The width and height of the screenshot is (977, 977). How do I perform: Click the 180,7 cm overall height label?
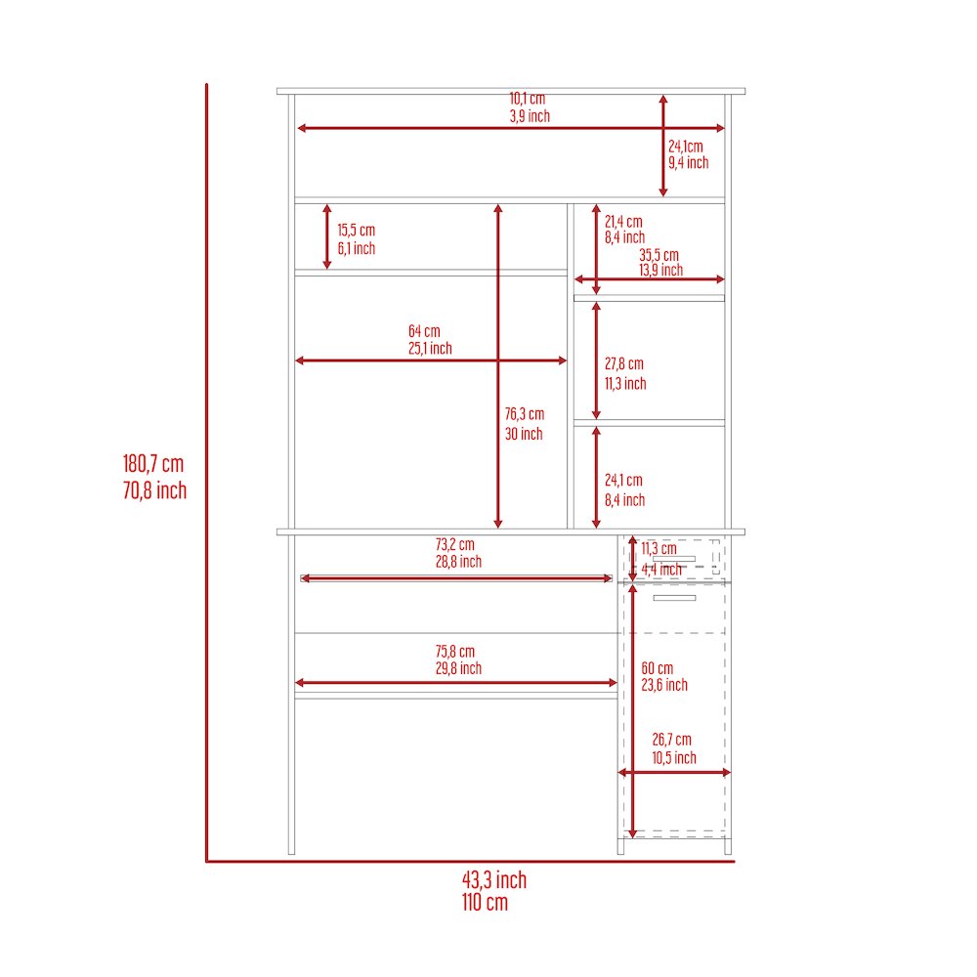(x=153, y=464)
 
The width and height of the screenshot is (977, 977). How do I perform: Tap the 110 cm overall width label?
(x=485, y=902)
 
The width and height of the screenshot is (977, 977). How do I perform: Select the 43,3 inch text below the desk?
(x=494, y=880)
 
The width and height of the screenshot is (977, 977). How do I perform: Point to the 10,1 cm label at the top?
(x=528, y=99)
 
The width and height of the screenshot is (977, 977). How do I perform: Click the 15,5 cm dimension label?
(x=357, y=231)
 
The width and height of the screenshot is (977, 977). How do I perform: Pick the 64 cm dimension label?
(x=424, y=331)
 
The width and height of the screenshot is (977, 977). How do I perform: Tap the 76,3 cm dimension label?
(x=525, y=414)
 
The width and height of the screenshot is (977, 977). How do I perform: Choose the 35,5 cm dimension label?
(x=658, y=255)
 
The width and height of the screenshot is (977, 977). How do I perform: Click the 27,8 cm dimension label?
(x=623, y=363)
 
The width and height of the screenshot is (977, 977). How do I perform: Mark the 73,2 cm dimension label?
(x=455, y=544)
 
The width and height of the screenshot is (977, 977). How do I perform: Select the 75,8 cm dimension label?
(x=455, y=652)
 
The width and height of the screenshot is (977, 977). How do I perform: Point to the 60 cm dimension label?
(x=658, y=668)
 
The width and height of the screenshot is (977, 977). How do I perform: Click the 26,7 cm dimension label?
(x=672, y=740)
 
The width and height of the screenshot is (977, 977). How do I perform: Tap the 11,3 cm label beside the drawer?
(x=658, y=549)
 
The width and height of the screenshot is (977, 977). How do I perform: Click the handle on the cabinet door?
(x=674, y=598)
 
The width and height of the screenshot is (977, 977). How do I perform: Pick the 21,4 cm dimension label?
(x=623, y=222)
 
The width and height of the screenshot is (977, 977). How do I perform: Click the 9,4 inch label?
(x=689, y=162)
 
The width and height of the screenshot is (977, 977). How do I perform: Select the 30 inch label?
(x=524, y=435)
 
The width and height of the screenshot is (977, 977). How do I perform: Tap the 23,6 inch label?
(x=664, y=686)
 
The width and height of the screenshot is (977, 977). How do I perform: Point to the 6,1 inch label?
(x=357, y=248)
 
